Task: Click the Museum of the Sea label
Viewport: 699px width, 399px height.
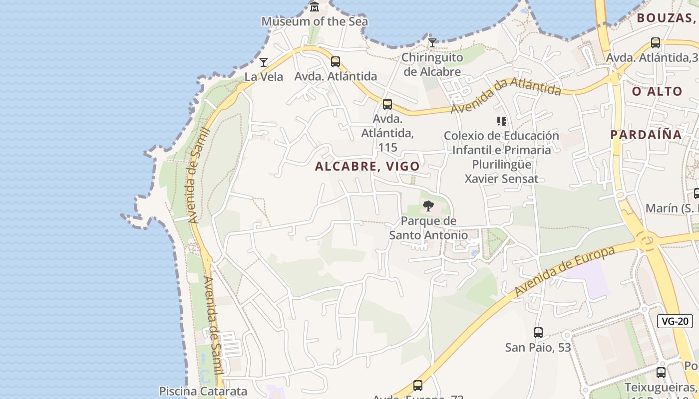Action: (x=315, y=21)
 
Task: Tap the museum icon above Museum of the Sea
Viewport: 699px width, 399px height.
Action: (x=315, y=6)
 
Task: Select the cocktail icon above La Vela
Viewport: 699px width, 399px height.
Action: (x=264, y=62)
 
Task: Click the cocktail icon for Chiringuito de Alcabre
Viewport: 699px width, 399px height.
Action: (x=432, y=43)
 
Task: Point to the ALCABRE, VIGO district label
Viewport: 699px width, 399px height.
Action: (x=367, y=167)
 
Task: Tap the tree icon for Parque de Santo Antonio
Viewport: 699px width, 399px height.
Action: (x=428, y=206)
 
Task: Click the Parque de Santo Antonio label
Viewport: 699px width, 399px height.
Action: (x=429, y=228)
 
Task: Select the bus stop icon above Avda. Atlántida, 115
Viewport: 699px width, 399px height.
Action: (x=387, y=104)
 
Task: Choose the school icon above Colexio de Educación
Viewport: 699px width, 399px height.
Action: (x=502, y=121)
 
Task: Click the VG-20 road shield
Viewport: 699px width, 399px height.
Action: (x=675, y=321)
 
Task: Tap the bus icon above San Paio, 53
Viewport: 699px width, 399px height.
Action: (x=538, y=333)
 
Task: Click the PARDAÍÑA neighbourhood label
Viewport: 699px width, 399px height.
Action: (x=646, y=135)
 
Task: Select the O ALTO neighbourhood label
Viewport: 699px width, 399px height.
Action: (x=657, y=91)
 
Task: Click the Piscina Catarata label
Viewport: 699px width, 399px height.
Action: (x=203, y=391)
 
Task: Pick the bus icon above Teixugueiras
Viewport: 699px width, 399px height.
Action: (x=661, y=373)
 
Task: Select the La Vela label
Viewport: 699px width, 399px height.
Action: (x=264, y=77)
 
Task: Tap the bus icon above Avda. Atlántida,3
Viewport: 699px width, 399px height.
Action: (x=656, y=43)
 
